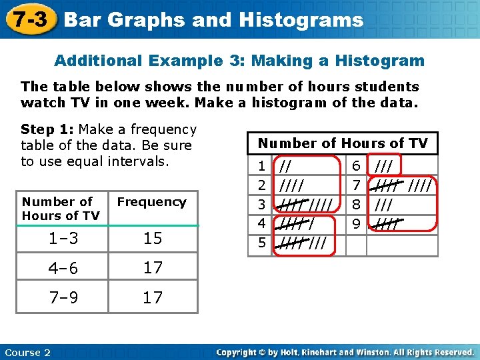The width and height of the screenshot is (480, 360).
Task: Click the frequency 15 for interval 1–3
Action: click(153, 239)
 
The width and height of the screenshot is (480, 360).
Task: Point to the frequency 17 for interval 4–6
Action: click(153, 268)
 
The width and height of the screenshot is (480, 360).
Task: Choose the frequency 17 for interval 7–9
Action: click(153, 297)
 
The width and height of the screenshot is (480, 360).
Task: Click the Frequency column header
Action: click(152, 202)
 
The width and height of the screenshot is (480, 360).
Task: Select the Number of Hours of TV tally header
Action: click(343, 143)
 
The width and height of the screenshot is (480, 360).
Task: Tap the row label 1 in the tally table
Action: click(261, 165)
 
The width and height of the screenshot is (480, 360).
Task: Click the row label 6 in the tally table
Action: click(356, 165)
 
